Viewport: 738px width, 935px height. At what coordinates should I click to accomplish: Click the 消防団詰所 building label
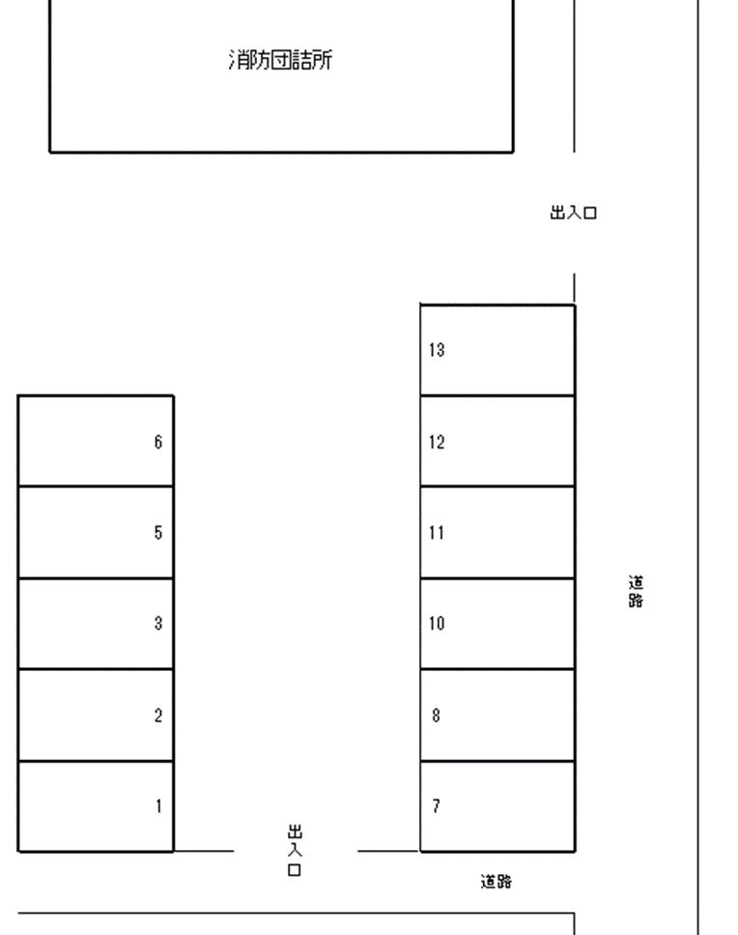280,60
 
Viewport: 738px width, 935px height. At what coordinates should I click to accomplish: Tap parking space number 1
96,806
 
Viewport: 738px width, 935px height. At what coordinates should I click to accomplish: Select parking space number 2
96,715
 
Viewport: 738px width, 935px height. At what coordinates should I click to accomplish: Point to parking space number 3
96,624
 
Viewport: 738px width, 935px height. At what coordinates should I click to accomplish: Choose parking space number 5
96,533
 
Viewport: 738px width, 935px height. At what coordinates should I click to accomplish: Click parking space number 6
96,441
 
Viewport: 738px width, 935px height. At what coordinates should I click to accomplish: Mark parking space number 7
497,806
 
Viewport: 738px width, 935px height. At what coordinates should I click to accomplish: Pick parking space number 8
497,715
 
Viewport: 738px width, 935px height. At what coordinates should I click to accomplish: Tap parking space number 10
497,624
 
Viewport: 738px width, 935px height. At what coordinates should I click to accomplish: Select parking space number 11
497,533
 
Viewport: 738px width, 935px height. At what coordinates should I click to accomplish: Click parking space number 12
497,441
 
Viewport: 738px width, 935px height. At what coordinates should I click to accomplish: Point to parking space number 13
497,350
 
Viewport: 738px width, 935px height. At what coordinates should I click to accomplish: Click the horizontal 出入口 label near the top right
573,213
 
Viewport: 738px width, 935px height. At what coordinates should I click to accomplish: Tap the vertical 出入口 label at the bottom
295,850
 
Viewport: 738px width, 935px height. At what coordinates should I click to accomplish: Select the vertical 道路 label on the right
636,592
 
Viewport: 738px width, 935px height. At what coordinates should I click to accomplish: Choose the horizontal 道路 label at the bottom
497,881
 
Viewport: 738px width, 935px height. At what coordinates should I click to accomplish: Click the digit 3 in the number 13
440,350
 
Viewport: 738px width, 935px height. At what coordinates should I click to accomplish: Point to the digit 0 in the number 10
440,624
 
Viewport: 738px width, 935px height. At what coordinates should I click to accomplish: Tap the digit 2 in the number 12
440,442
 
